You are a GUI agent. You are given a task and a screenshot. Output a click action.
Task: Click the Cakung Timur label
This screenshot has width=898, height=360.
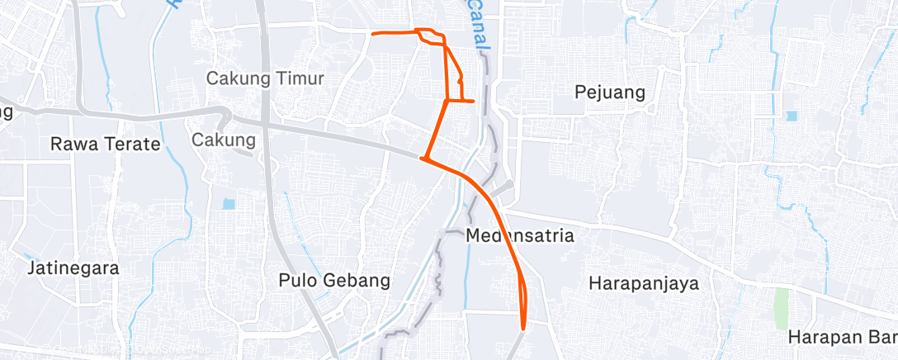click(265, 79)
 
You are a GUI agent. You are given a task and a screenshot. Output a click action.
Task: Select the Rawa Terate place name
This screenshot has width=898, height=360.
click(105, 144)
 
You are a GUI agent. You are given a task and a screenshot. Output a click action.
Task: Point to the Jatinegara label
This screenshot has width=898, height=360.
click(73, 268)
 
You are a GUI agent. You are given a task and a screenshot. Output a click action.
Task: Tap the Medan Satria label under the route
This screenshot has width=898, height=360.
click(519, 236)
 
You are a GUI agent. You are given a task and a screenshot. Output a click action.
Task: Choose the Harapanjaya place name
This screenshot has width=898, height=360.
click(644, 283)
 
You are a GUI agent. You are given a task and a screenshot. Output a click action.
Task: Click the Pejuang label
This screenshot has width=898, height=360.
click(609, 92)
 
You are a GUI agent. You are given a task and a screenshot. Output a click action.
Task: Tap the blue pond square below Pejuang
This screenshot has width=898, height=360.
click(792, 116)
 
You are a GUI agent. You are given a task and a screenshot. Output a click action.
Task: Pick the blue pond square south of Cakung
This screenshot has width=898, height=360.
click(229, 203)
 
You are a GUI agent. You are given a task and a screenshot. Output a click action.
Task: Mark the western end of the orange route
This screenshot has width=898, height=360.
click(373, 34)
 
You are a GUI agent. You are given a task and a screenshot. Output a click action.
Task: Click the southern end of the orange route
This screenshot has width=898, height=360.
click(523, 329)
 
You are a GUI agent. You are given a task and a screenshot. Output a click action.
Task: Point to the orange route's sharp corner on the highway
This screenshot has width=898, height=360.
click(423, 158)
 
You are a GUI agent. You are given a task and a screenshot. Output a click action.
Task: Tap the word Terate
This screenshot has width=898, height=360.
click(133, 144)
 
